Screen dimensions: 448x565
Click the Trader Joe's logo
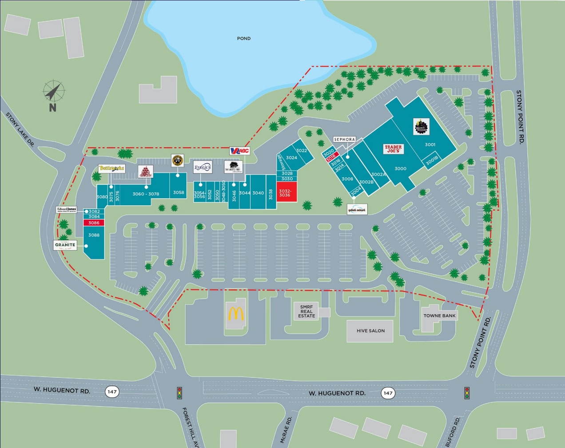pos(393,149)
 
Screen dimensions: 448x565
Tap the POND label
pos(243,39)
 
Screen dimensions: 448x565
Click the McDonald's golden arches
pos(236,314)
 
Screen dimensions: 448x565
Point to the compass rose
pos(54,92)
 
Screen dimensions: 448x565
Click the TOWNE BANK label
pos(439,316)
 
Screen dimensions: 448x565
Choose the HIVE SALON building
pos(370,331)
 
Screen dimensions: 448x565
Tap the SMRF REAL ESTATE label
pos(306,311)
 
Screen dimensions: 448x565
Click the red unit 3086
pos(94,223)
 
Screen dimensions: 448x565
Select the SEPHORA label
pos(344,140)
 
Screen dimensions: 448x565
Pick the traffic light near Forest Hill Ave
pos(179,393)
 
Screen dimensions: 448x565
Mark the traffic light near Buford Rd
pos(467,393)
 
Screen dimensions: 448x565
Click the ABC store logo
pos(239,151)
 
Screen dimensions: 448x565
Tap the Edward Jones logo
pos(66,210)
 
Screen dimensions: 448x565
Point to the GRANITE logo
pos(65,245)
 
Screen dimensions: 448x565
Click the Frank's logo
pos(203,168)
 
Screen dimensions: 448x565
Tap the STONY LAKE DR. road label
pos(20,129)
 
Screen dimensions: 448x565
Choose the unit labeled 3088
pos(94,235)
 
